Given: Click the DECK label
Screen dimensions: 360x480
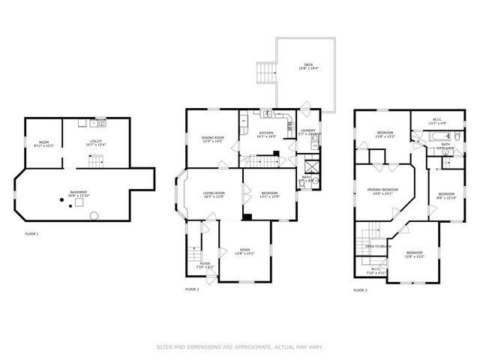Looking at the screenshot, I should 308,64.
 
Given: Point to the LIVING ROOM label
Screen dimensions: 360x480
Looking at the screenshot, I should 214,193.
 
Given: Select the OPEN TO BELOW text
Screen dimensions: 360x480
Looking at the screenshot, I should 378,246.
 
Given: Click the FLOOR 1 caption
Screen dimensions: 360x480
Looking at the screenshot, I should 32,234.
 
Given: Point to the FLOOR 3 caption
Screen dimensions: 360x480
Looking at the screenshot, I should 361,289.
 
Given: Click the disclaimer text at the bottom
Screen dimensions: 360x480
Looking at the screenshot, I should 240,346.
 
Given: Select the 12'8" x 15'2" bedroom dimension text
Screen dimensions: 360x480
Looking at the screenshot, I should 413,256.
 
